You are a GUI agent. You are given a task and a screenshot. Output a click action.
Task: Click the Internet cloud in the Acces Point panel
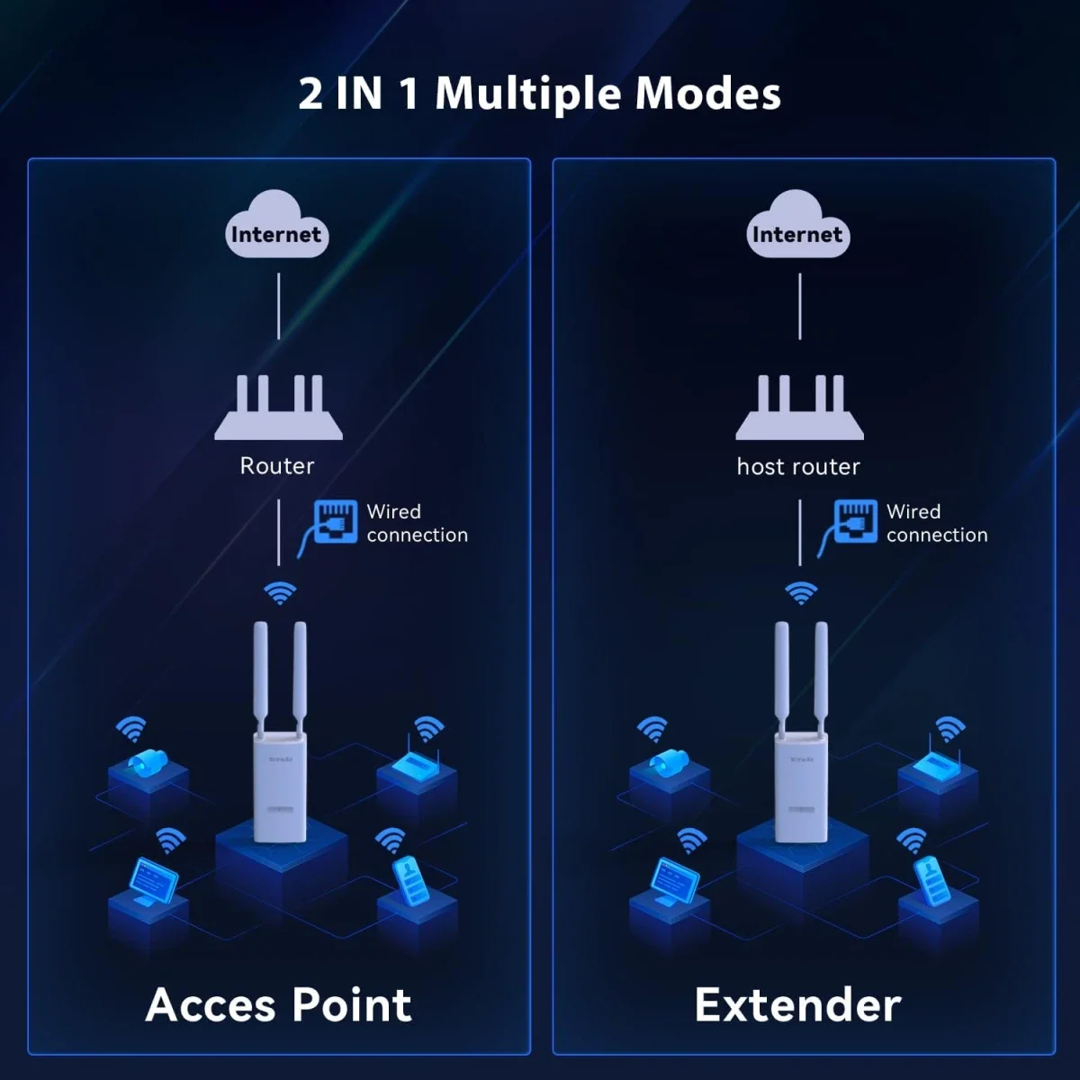(277, 224)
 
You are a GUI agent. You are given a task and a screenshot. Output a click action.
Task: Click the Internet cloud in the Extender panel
(798, 224)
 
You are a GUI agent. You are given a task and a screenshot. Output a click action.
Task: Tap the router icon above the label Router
(278, 408)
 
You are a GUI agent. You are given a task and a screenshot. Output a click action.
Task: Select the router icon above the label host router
(800, 408)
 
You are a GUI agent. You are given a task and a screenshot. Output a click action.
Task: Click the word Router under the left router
(277, 465)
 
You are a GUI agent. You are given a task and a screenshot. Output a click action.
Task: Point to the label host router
(798, 466)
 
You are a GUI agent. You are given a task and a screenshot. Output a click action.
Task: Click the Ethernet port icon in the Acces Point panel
(335, 522)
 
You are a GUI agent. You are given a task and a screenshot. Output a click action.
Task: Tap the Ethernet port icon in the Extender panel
(855, 522)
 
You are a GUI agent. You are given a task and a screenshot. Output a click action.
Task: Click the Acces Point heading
(278, 1005)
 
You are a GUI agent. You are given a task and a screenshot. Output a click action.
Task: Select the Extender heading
(798, 1005)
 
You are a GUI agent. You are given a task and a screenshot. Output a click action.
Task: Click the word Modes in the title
(707, 93)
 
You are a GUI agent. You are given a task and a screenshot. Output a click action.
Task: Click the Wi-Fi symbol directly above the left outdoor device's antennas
(280, 593)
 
